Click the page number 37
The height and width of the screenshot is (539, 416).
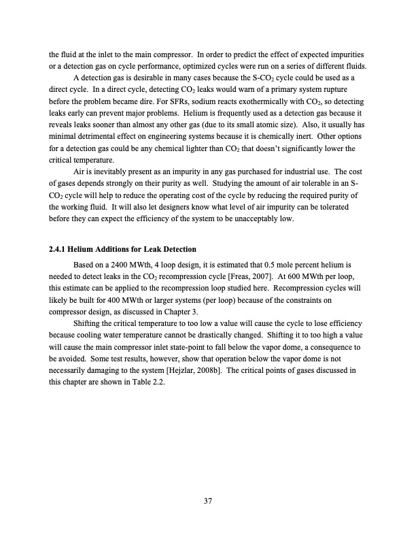(x=208, y=502)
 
